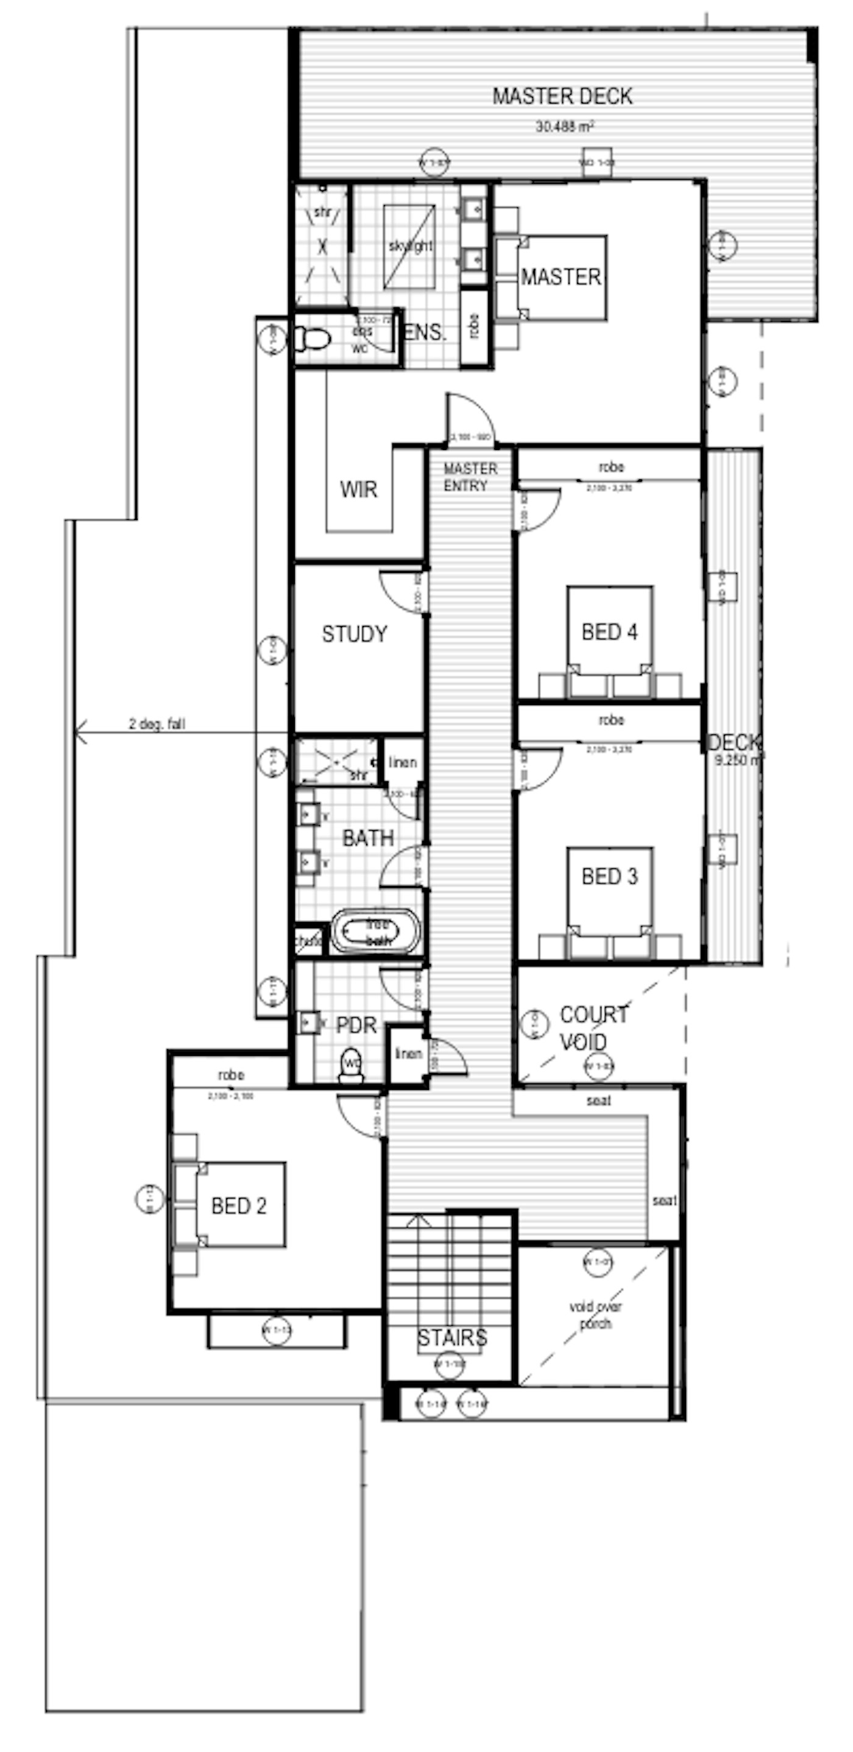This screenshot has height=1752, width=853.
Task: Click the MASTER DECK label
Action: tap(562, 96)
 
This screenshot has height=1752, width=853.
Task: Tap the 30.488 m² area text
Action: tap(565, 126)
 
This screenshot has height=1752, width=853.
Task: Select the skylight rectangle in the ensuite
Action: tap(409, 246)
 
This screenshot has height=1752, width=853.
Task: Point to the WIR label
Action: tap(358, 489)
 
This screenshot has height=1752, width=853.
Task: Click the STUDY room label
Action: tap(355, 634)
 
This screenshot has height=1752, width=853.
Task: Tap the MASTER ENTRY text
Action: tap(470, 477)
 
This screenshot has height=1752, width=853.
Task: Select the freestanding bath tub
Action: tap(375, 931)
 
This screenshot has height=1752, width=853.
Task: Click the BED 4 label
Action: tap(609, 632)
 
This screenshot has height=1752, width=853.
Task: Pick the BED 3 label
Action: tap(609, 876)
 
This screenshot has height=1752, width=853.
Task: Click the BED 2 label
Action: tap(239, 1206)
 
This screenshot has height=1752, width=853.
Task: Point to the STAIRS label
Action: tap(451, 1338)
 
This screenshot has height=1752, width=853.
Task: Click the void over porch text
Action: tap(595, 1315)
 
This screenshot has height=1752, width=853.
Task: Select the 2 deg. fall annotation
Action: tap(157, 724)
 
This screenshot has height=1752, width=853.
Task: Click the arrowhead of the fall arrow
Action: tap(80, 733)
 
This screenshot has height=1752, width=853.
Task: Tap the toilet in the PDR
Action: tap(352, 1066)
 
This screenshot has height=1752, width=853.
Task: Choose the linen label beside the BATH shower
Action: tap(403, 762)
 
